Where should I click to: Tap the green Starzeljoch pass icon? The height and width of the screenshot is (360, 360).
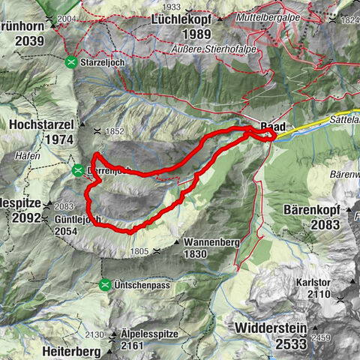pos(71,61)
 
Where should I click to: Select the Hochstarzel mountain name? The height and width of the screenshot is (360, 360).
pos(44,124)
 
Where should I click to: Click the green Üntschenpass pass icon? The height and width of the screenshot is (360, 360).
pos(105,285)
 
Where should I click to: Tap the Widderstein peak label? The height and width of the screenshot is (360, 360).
pos(267,328)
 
